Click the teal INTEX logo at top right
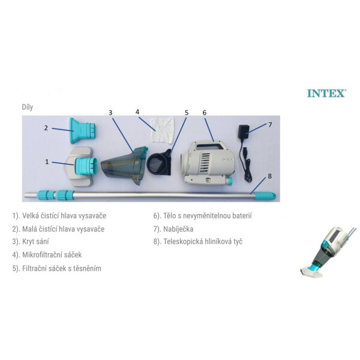327,94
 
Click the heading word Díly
28,107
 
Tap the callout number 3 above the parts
110,113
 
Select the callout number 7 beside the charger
270,125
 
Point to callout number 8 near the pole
269,176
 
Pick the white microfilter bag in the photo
162,130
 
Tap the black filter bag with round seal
160,162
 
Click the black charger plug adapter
244,131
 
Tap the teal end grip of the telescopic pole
265,196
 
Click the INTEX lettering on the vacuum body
227,160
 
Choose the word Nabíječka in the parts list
178,229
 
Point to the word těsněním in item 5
88,268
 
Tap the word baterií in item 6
242,216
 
